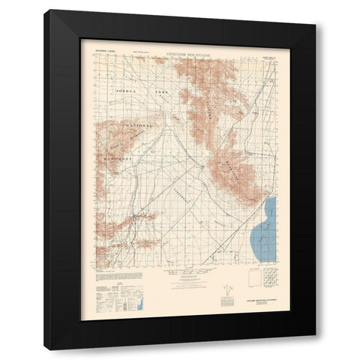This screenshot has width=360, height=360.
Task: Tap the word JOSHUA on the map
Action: pos(120,89)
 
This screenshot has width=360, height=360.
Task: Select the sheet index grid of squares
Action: pos(268,283)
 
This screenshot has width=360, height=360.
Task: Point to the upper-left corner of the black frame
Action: pos(46,10)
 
